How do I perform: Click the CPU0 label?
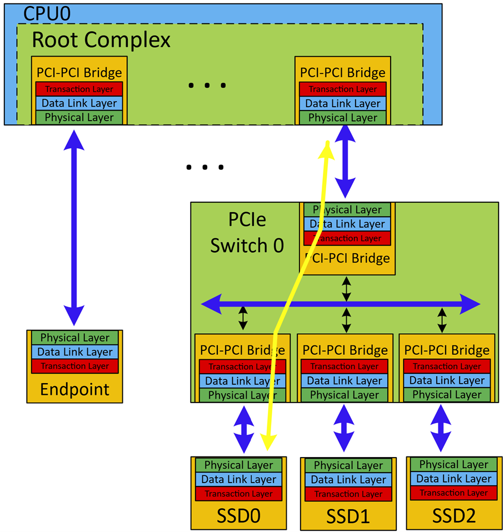click(47, 13)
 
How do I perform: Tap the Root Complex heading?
click(101, 40)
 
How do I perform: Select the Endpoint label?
click(74, 389)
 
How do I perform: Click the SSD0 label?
click(238, 516)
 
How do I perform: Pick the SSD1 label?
click(348, 518)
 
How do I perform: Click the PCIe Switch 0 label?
click(247, 232)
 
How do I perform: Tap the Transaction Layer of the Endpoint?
click(75, 366)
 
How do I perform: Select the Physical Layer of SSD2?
click(454, 464)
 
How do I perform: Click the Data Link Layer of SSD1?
click(348, 480)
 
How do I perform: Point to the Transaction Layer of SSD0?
click(238, 494)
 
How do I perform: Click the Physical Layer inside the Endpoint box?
click(75, 338)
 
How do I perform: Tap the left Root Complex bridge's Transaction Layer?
click(79, 89)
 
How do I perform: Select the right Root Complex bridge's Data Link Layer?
click(343, 103)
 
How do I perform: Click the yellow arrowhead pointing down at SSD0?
click(268, 442)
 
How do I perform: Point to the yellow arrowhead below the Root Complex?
click(327, 149)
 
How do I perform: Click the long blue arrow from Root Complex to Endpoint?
click(74, 228)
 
